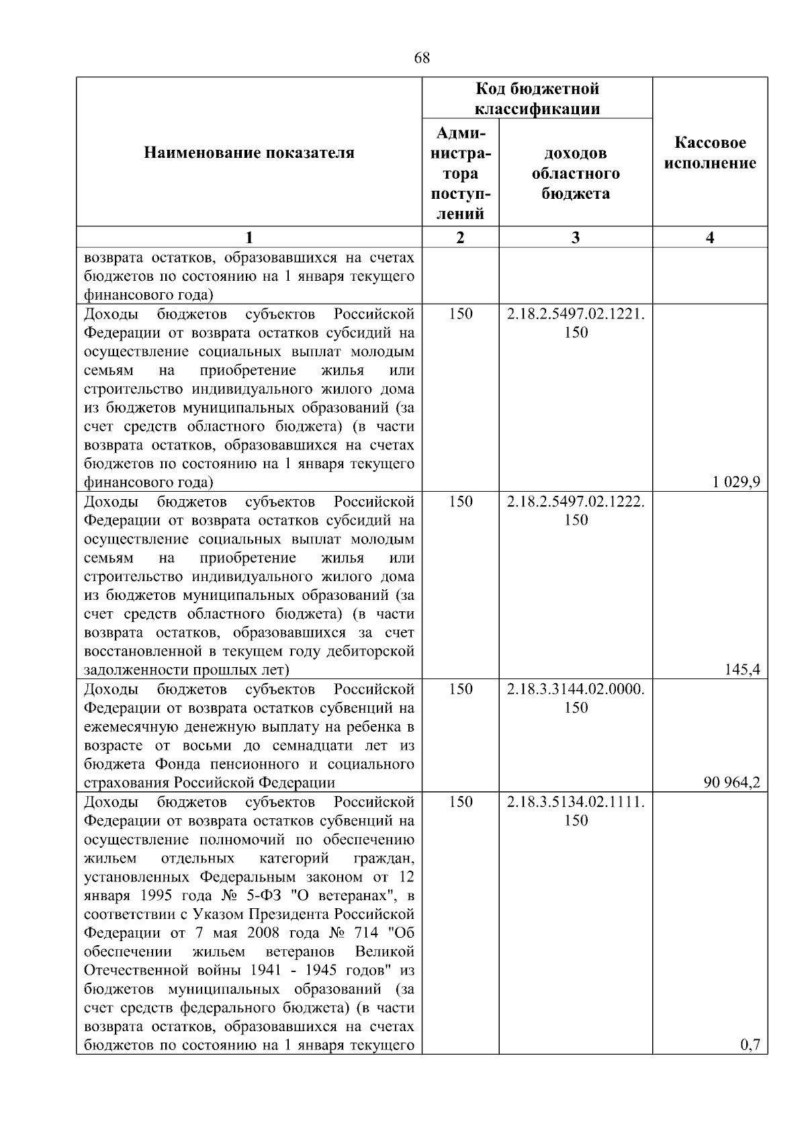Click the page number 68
point(422,58)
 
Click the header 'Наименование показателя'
point(249,152)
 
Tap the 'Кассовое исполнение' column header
point(710,152)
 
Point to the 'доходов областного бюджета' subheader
point(576,174)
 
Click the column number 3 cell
point(576,237)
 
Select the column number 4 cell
point(710,237)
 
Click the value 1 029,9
point(737,482)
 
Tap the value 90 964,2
point(732,782)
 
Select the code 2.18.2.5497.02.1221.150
point(576,323)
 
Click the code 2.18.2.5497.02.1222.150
point(576,511)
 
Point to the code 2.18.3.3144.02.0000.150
point(576,698)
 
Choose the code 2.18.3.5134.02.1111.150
point(576,811)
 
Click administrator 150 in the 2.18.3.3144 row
point(460,689)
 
